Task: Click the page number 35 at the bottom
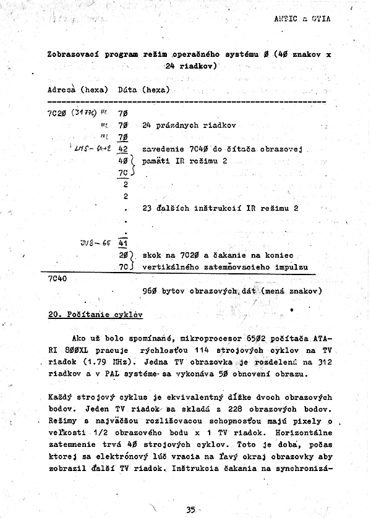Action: click(x=190, y=509)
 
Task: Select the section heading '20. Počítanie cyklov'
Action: click(x=95, y=314)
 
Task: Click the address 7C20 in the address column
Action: click(x=58, y=113)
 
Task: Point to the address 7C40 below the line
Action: click(x=58, y=278)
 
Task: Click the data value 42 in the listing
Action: click(x=122, y=149)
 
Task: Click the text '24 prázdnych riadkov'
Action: click(x=189, y=125)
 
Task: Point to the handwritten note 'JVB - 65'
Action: click(x=93, y=242)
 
